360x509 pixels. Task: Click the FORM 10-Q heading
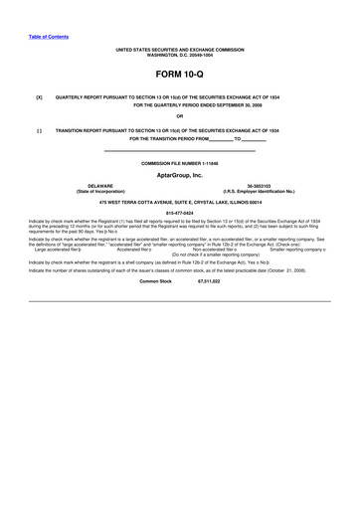coord(180,75)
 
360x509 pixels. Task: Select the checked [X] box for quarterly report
coord(39,98)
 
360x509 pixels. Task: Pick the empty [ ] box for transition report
coord(39,130)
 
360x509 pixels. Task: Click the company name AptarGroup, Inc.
coord(180,174)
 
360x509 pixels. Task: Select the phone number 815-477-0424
coord(180,212)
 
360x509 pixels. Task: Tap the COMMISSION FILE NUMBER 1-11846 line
coord(180,161)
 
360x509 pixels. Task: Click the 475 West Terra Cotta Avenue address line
coord(180,201)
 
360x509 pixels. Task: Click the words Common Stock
coord(156,281)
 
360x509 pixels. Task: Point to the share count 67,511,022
coord(209,281)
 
